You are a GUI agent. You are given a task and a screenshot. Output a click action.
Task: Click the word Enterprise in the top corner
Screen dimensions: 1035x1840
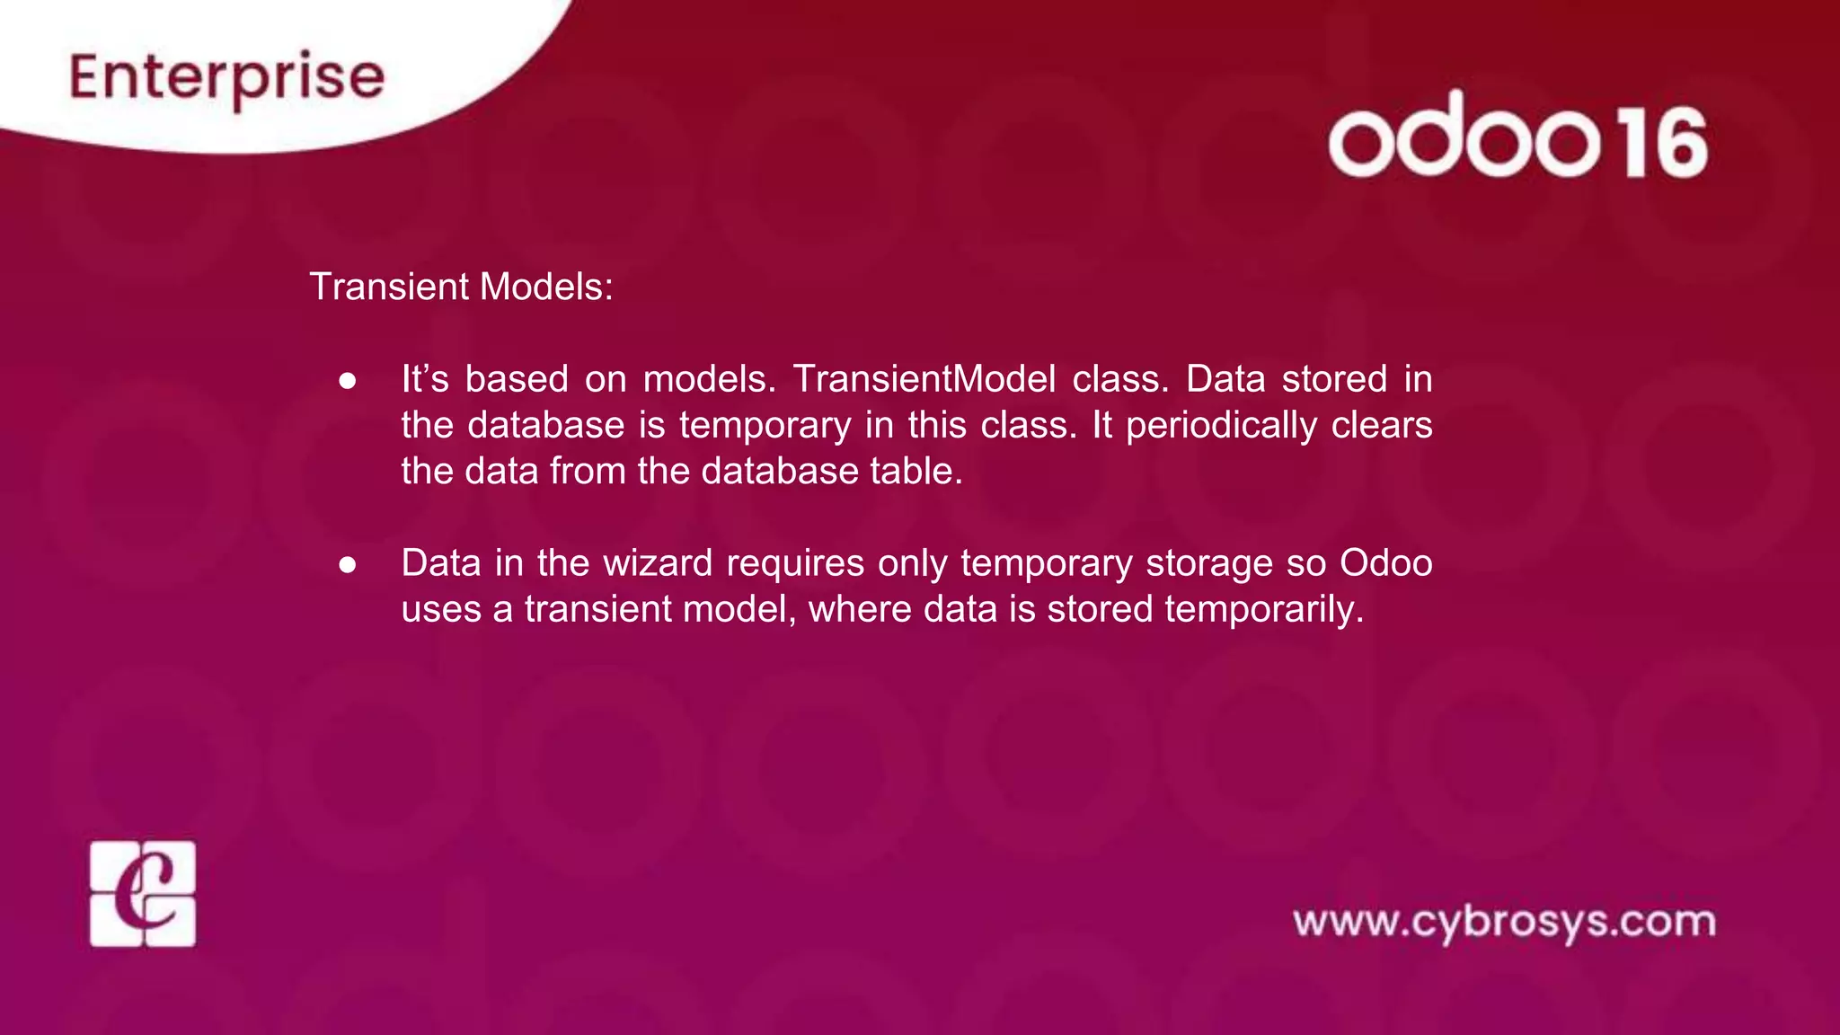coord(227,78)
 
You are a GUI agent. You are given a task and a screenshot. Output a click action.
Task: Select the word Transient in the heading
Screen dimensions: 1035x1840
coord(389,287)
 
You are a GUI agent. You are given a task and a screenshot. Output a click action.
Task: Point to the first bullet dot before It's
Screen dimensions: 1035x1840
coord(348,381)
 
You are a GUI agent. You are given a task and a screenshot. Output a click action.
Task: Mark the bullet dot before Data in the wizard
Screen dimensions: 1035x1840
coord(348,565)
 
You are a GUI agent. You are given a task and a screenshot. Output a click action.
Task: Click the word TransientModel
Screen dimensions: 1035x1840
coord(924,379)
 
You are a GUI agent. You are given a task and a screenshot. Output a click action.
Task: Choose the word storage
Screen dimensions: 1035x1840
coord(1208,563)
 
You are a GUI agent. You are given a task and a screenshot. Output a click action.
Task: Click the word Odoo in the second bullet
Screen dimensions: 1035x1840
coord(1385,563)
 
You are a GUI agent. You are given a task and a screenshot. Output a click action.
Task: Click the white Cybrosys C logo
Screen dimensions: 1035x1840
coord(143,894)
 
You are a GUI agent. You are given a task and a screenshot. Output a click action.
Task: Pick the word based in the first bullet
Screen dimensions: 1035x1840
coord(517,379)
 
